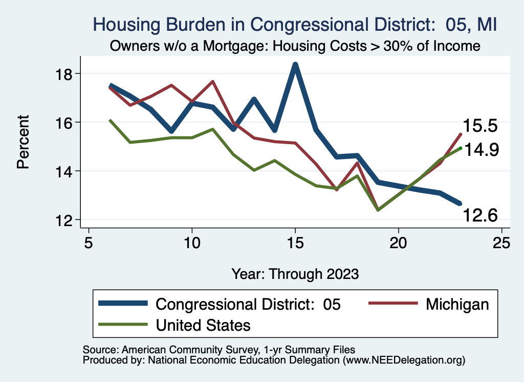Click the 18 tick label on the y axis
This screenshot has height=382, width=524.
click(x=68, y=73)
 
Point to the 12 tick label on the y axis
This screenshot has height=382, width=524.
click(x=68, y=220)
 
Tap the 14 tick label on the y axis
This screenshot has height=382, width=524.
click(x=68, y=171)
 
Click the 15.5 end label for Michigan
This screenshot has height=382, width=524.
click(x=481, y=126)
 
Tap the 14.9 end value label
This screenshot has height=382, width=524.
click(x=481, y=150)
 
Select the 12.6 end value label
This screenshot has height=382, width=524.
click(x=481, y=216)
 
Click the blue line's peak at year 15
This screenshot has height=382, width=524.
click(x=295, y=65)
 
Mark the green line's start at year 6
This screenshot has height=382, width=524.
click(x=110, y=120)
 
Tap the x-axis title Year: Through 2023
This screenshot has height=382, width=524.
click(x=295, y=273)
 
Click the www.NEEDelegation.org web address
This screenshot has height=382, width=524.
click(x=404, y=360)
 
